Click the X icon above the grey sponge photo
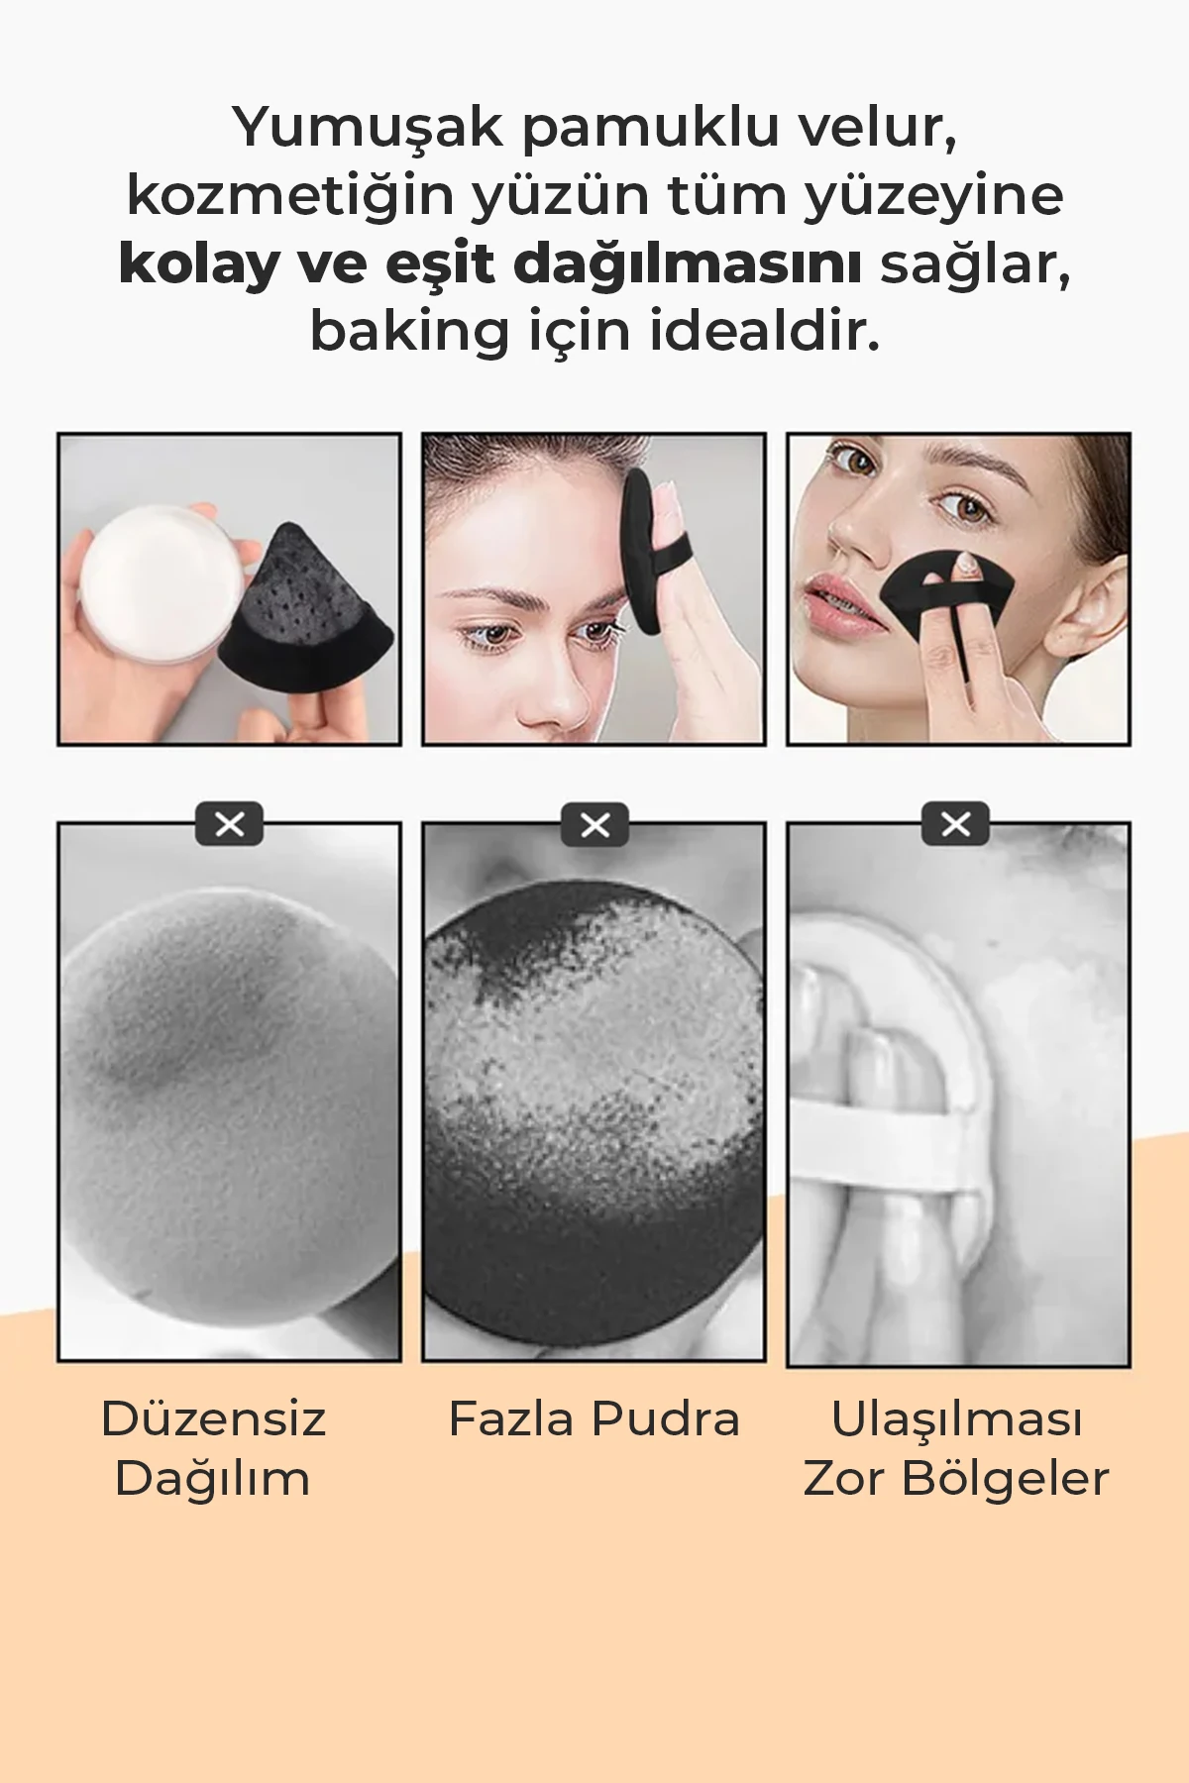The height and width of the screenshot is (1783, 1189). pyautogui.click(x=229, y=824)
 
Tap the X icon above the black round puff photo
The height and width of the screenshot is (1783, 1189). pyautogui.click(x=594, y=824)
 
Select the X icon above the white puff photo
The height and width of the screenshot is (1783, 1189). pyautogui.click(x=955, y=824)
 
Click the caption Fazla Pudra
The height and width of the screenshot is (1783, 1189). pyautogui.click(x=594, y=1418)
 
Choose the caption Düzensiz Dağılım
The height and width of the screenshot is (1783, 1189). pyautogui.click(x=213, y=1448)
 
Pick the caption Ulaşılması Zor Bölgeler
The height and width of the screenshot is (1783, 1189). pyautogui.click(x=956, y=1448)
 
